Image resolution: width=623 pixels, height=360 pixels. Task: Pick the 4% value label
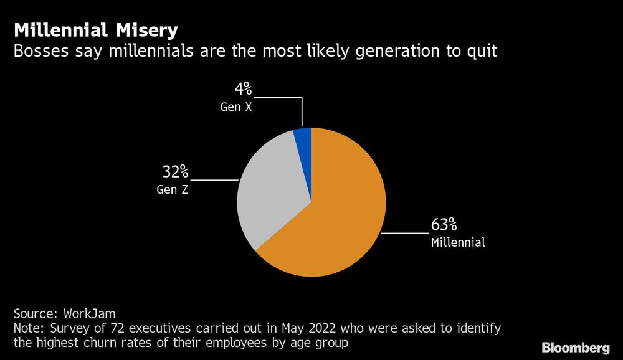(x=243, y=89)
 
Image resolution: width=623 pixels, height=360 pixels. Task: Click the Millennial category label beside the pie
(x=458, y=243)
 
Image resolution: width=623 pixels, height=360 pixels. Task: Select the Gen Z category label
(x=172, y=189)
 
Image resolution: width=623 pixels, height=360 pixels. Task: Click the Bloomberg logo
(x=576, y=348)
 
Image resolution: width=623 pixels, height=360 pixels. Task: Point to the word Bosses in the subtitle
(x=38, y=51)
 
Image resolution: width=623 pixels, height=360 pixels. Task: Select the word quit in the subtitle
(x=482, y=51)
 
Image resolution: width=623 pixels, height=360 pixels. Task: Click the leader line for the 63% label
(x=404, y=233)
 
